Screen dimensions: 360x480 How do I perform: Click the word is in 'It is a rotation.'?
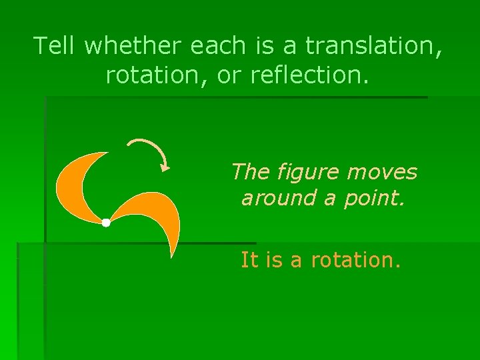pyautogui.click(x=274, y=259)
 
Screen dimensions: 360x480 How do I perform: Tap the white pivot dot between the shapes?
pyautogui.click(x=106, y=223)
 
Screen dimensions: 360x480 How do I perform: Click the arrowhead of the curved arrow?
pyautogui.click(x=165, y=167)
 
